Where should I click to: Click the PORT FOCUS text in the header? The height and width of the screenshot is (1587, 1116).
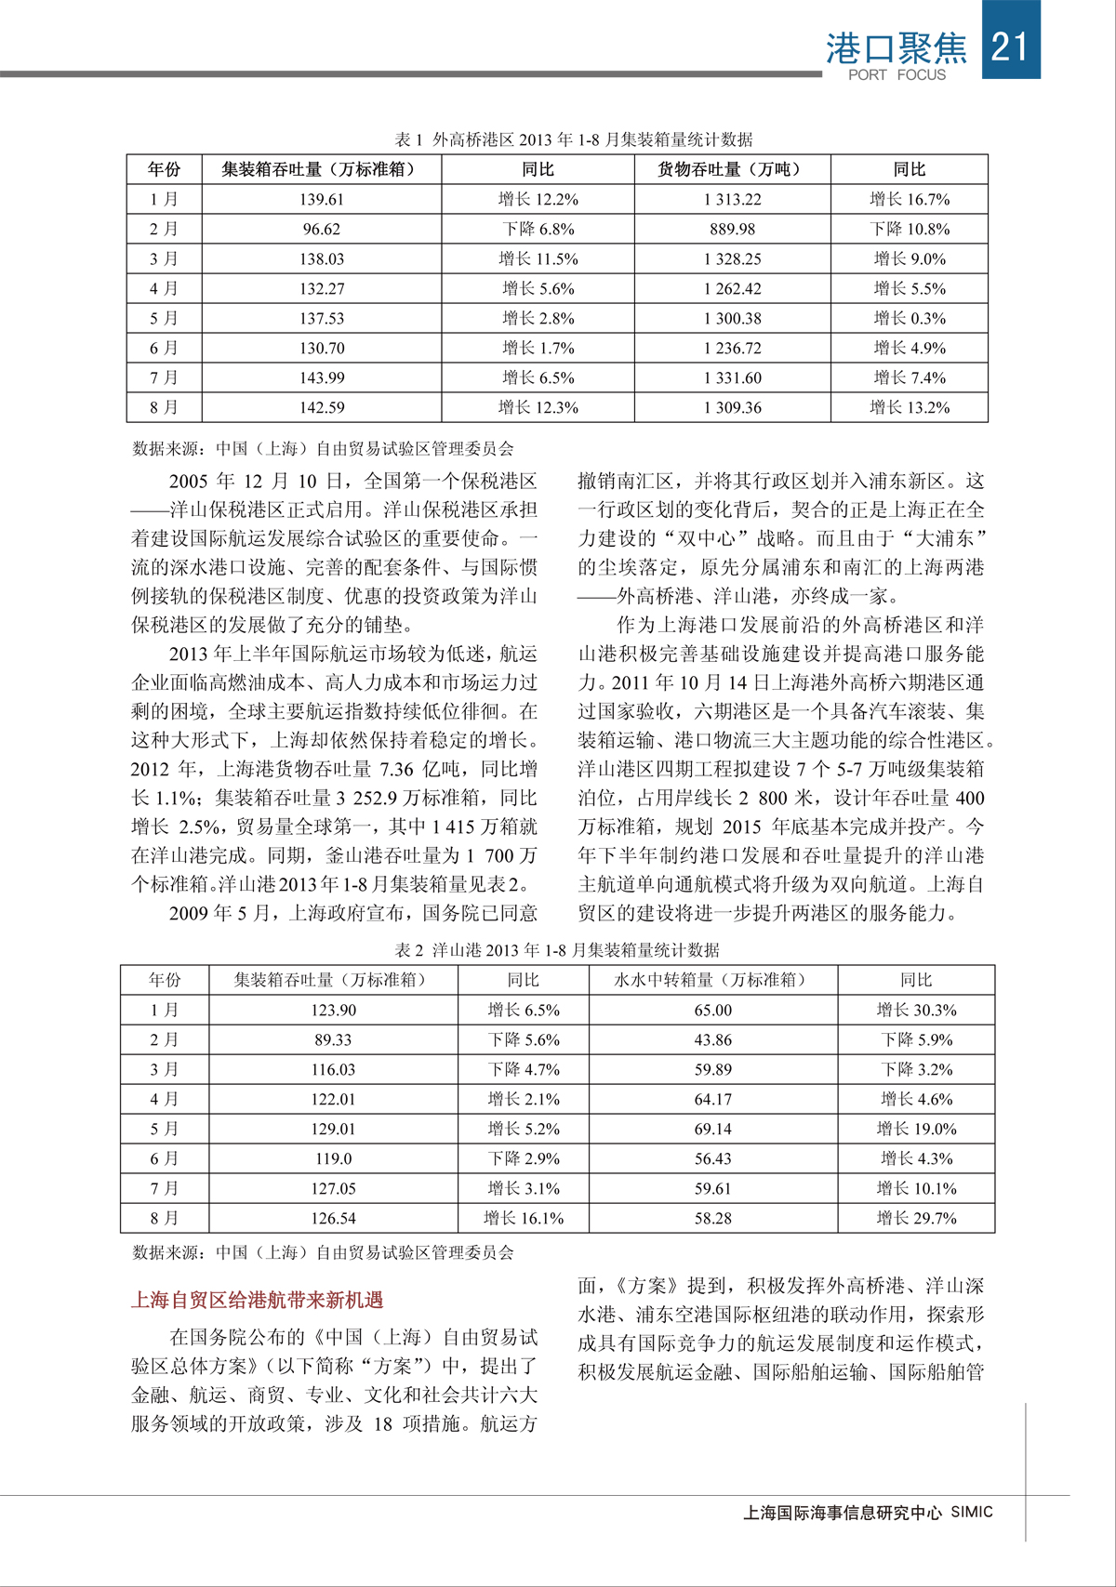897,74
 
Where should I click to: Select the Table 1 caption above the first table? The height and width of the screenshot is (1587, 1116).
574,139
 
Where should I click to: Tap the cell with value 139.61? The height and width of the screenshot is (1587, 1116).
322,199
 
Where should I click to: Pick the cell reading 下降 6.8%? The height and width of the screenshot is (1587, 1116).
538,229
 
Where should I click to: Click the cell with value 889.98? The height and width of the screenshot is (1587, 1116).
733,229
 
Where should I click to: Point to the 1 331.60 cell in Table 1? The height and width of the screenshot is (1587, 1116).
733,377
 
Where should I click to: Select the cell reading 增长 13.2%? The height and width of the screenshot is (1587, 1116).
910,407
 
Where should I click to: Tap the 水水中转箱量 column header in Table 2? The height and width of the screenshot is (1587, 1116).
712,980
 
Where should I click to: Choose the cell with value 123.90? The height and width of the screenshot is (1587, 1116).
333,1010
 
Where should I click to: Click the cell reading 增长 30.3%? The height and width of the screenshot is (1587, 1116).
916,1010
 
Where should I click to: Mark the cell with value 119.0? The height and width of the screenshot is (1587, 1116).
333,1158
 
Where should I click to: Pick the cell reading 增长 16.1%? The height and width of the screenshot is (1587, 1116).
524,1218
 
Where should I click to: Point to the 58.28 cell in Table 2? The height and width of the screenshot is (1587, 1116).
712,1218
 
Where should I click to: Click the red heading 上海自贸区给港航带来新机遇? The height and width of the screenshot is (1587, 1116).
257,1300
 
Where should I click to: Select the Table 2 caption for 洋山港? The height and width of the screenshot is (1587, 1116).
557,950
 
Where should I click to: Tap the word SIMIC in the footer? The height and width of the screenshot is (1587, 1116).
972,1512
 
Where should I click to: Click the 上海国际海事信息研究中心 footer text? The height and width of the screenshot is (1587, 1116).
843,1513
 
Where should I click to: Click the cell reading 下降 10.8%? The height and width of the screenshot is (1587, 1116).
910,229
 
